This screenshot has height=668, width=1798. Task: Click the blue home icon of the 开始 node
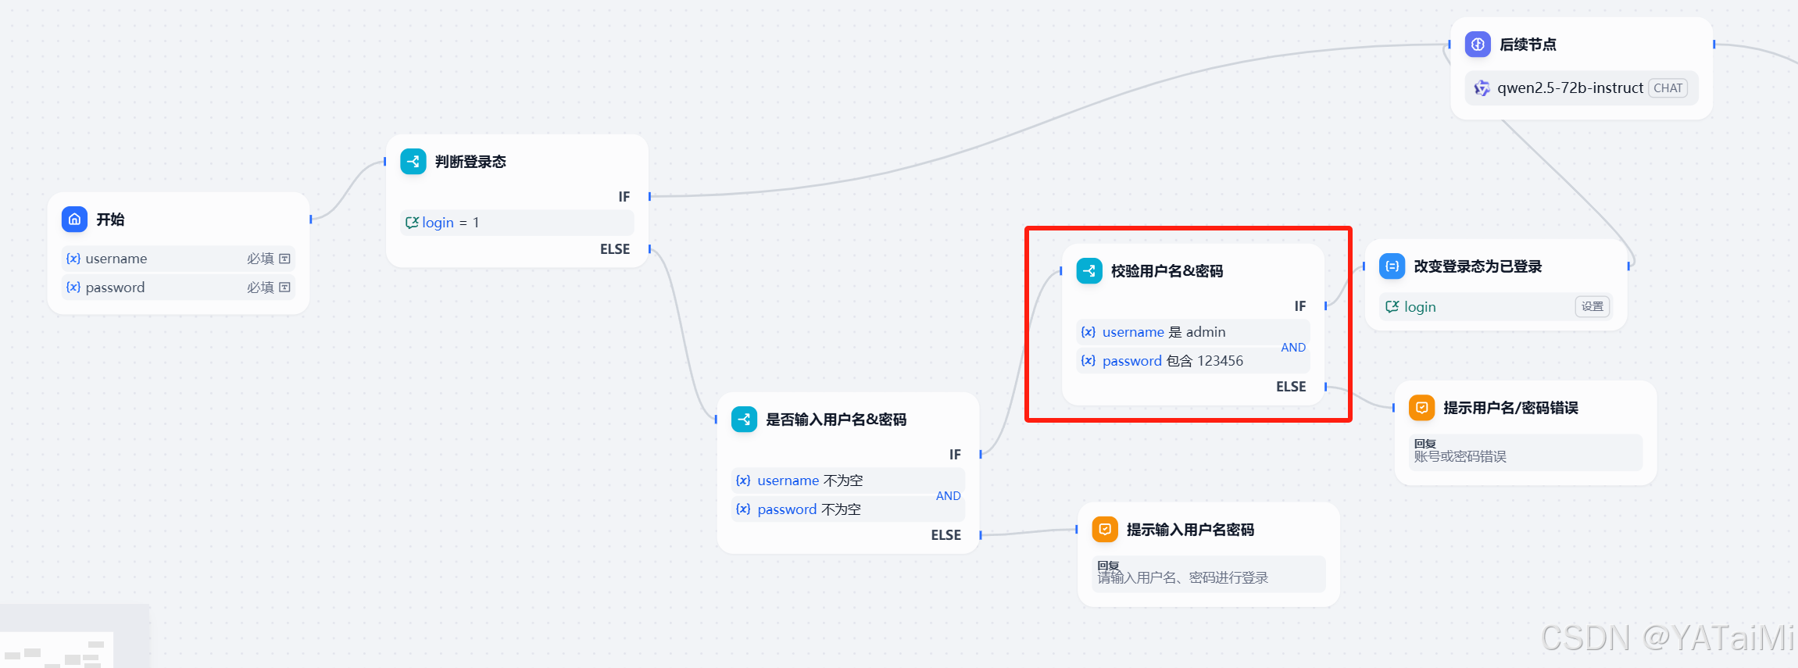[x=74, y=220]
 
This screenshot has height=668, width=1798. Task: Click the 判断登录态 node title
[x=470, y=162]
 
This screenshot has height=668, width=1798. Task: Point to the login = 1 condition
[x=443, y=223]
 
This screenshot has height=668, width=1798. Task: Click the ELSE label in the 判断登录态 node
[x=614, y=249]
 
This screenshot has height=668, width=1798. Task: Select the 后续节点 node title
[x=1528, y=45]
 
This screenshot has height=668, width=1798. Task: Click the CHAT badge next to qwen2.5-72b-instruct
[x=1668, y=88]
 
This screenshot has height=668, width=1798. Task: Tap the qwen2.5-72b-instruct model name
[x=1570, y=88]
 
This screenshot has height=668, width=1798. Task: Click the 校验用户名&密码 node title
[x=1167, y=271]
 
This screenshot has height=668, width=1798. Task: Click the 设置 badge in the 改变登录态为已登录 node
[x=1592, y=307]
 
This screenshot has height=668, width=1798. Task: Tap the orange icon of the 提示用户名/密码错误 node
[x=1421, y=408]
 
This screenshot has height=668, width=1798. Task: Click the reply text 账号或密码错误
[x=1460, y=456]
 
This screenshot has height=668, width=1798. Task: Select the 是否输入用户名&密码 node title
[x=836, y=420]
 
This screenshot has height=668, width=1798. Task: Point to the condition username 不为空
[x=810, y=480]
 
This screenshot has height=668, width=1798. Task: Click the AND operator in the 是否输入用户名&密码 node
[x=948, y=495]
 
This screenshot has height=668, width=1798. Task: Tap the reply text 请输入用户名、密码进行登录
[x=1182, y=578]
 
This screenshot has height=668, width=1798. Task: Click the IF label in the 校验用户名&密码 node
[x=1299, y=306]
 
